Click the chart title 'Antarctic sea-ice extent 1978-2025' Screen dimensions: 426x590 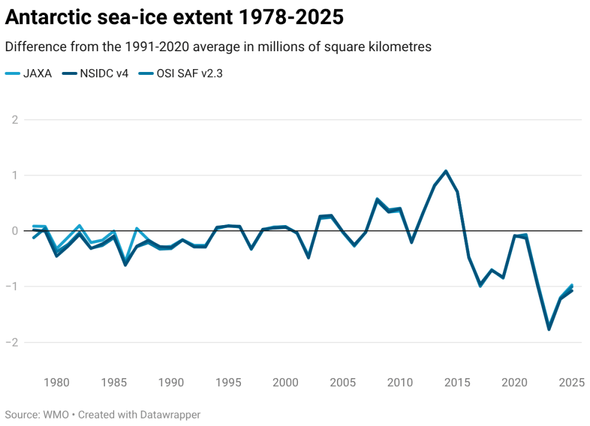point(174,17)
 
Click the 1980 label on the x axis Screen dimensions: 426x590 point(57,382)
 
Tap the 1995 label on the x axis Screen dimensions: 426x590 point(228,382)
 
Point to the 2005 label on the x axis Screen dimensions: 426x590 point(343,382)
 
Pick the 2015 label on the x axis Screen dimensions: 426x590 point(457,382)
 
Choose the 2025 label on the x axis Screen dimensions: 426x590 point(572,382)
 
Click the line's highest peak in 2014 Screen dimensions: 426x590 point(446,171)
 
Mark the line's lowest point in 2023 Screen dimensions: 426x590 point(549,329)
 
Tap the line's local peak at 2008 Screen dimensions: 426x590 point(377,199)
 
